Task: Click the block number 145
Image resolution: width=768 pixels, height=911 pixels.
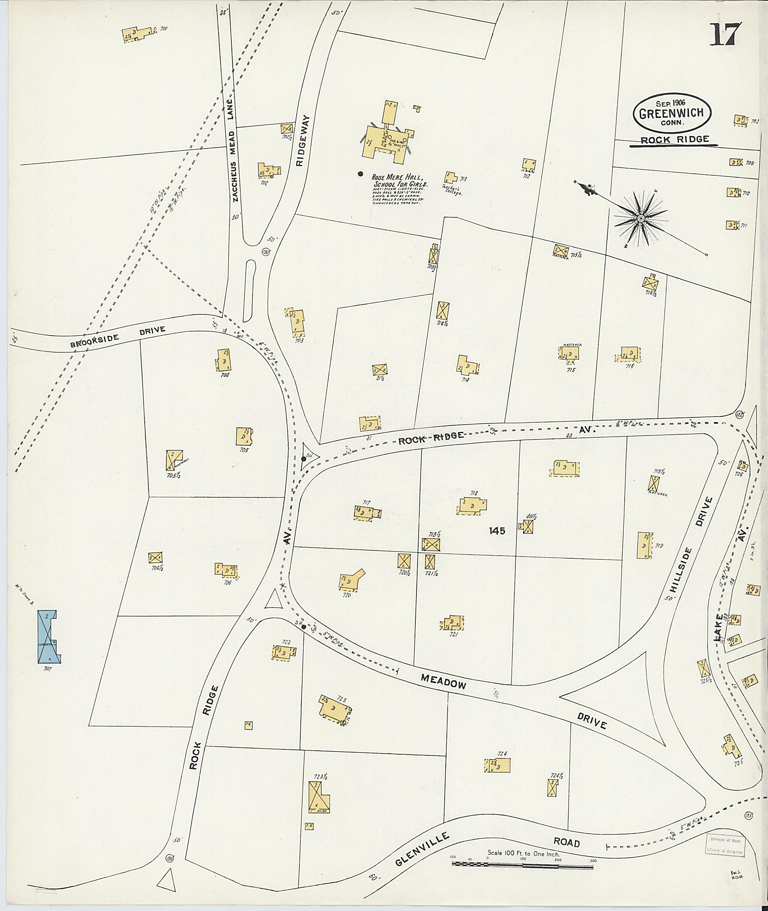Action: [x=497, y=530]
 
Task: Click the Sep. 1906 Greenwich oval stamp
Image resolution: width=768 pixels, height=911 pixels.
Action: [x=672, y=113]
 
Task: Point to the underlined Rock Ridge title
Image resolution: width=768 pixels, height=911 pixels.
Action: [x=674, y=140]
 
